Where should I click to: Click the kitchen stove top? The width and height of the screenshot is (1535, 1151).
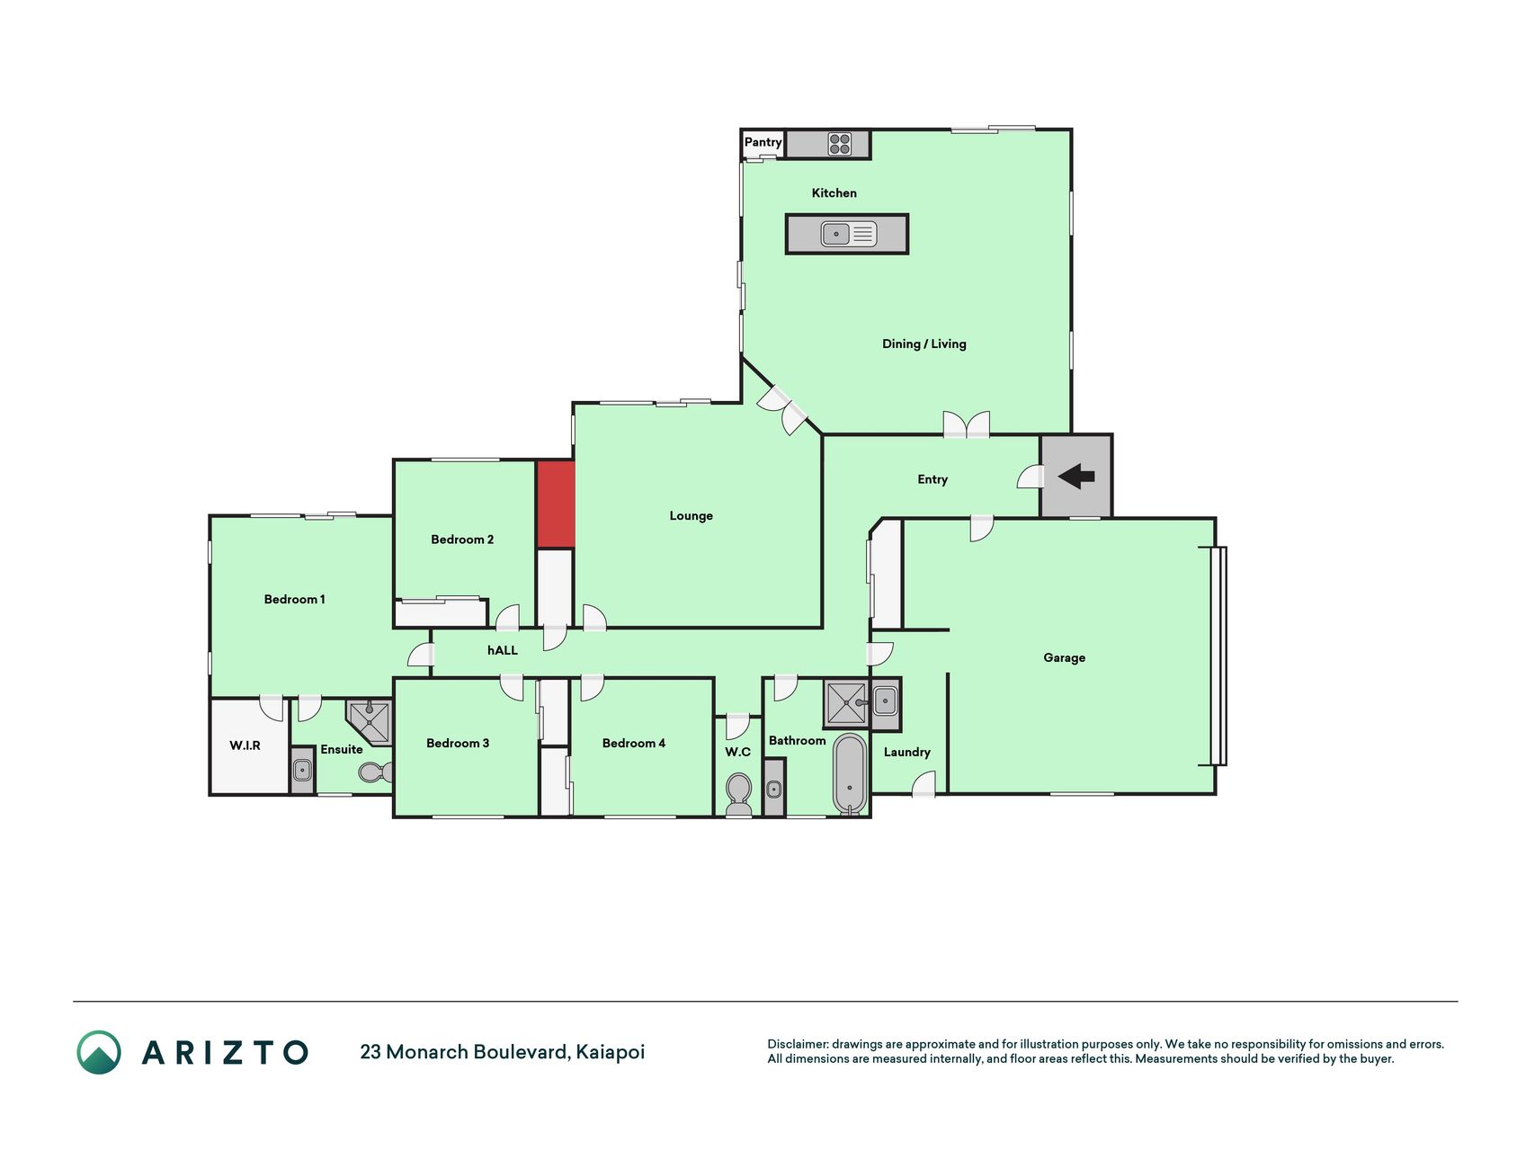[x=840, y=144]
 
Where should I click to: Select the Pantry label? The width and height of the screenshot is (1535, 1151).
[x=763, y=142]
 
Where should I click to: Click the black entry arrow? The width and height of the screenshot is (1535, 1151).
[x=1076, y=477]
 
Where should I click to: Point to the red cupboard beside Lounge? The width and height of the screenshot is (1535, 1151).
[x=556, y=504]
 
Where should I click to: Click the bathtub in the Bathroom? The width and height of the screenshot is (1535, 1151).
[x=849, y=774]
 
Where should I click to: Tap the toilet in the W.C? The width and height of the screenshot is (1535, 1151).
[x=738, y=794]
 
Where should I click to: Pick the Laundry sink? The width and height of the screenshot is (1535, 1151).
[x=885, y=700]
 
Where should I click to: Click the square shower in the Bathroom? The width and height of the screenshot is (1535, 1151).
[x=845, y=703]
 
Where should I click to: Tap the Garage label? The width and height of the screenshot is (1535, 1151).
[x=1064, y=657]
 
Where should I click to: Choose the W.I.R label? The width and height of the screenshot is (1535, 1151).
[x=245, y=745]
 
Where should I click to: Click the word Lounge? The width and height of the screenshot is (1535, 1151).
[x=691, y=515]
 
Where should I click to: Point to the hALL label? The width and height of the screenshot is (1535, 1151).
[x=503, y=650]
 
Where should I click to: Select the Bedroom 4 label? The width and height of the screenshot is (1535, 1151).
[x=634, y=743]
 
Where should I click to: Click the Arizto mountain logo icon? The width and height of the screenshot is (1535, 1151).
[x=99, y=1052]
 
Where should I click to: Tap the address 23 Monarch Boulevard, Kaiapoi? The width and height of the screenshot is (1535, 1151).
[x=503, y=1052]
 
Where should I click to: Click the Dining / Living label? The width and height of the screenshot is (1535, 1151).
[x=924, y=344]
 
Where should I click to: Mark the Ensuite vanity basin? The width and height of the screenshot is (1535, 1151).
[x=302, y=771]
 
